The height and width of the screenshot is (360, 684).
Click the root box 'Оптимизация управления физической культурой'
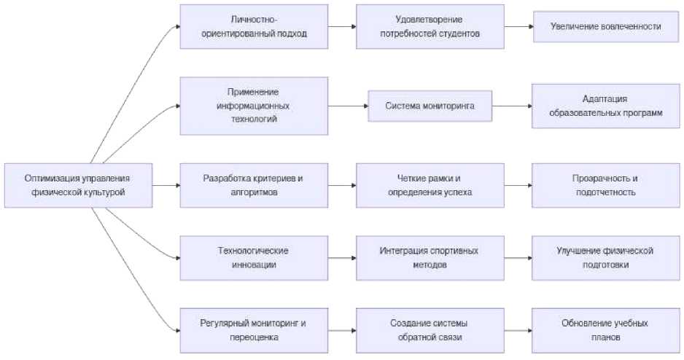click(79, 185)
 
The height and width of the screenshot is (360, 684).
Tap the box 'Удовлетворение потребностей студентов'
click(430, 27)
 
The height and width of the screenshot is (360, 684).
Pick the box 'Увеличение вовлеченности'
click(606, 27)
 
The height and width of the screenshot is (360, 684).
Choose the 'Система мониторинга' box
click(430, 106)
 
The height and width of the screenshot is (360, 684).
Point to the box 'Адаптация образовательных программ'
click(606, 106)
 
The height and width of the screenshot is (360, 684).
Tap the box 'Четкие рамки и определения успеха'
click(430, 185)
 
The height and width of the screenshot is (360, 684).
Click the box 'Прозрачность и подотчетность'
click(606, 185)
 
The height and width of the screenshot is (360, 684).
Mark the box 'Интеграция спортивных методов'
click(430, 257)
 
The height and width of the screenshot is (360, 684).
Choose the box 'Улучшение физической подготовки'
click(606, 257)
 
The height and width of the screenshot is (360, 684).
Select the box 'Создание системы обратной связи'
click(430, 330)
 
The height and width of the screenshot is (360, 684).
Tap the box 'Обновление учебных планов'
click(606, 330)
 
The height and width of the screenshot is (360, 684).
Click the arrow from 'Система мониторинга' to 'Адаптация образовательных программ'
click(511, 106)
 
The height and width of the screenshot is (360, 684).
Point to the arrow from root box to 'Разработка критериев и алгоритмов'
click(166, 185)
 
